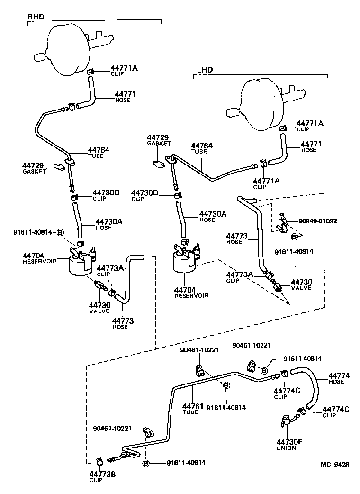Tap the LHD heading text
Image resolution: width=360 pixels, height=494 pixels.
coord(205,70)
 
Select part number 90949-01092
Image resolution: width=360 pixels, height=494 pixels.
coord(318,221)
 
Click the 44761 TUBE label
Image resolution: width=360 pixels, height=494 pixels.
coord(193,408)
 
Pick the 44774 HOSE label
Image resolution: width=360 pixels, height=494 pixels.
coord(339,378)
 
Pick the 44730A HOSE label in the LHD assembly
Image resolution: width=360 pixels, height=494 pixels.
coord(213,216)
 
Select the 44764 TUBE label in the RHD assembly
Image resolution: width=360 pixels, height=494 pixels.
coord(98,152)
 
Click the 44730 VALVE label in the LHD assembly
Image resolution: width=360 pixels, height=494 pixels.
coord(301,284)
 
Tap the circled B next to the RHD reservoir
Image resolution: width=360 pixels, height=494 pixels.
coord(60,232)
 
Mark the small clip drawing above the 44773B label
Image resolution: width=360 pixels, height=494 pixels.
coord(100,460)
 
